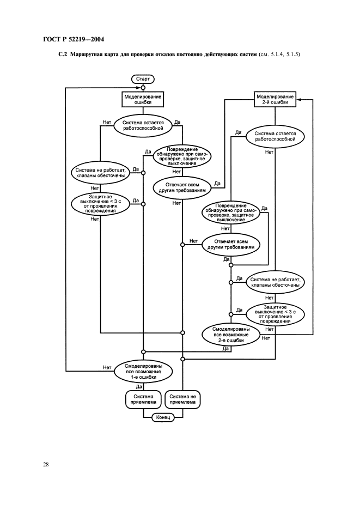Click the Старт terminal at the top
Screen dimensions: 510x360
tap(143, 79)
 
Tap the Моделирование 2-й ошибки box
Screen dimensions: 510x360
tap(275, 99)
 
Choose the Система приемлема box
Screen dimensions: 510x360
tap(142, 400)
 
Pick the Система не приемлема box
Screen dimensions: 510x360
tap(182, 400)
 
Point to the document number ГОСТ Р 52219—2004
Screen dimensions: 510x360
tap(73, 39)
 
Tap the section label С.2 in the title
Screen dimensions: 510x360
tap(63, 55)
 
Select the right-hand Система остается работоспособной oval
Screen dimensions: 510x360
tap(275, 136)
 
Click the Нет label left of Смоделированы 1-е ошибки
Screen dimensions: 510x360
tap(107, 367)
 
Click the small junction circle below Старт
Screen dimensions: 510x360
tap(143, 87)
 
